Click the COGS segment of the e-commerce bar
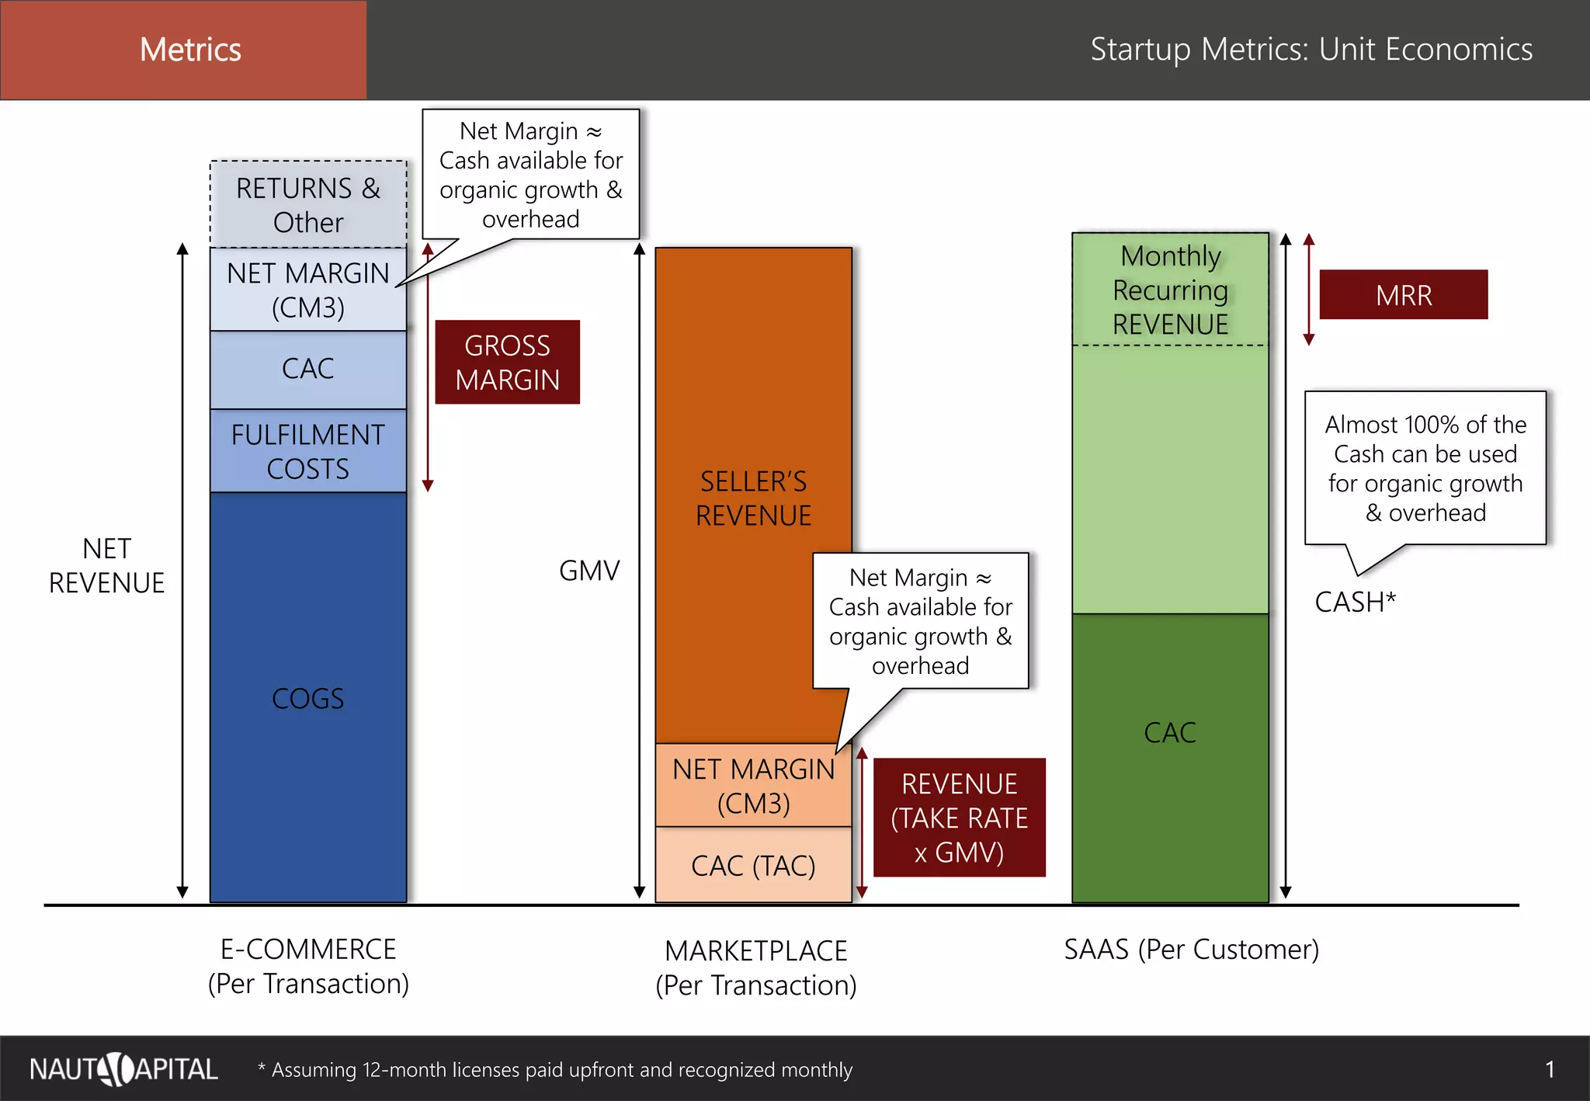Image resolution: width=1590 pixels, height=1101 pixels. [308, 697]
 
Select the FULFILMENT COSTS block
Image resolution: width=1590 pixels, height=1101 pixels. [308, 451]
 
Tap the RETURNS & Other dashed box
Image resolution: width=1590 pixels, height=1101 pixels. [308, 205]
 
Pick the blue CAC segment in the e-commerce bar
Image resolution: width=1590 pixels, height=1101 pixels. [308, 369]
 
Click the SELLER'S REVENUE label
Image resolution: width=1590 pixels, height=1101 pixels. [753, 498]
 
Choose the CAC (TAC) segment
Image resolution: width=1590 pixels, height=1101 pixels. [753, 865]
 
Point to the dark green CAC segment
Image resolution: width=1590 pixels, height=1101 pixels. [1170, 732]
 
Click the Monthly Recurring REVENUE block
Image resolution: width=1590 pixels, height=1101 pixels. [1170, 290]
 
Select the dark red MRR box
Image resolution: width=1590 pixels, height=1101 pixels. [1404, 295]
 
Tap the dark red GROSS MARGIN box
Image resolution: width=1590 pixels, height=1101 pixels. [507, 363]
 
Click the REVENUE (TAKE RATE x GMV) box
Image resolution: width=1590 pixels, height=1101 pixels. [960, 818]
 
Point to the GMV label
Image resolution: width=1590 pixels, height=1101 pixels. [589, 571]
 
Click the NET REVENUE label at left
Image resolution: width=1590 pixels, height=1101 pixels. [107, 566]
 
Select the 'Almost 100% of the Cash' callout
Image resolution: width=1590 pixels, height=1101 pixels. [1425, 468]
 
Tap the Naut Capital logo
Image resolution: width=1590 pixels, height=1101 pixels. [123, 1069]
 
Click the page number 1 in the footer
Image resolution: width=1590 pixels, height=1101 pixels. [1550, 1070]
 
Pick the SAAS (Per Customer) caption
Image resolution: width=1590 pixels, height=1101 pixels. [1191, 950]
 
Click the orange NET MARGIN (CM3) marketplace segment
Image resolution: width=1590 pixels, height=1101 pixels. [753, 786]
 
